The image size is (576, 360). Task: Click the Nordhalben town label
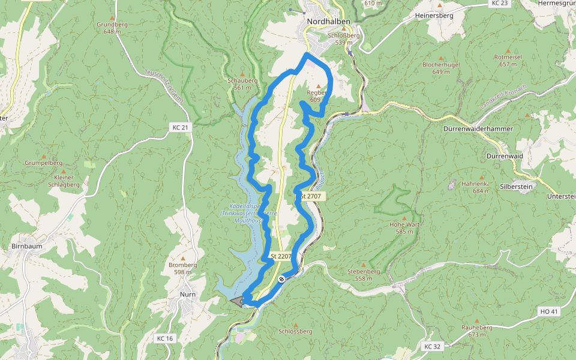pyautogui.click(x=328, y=21)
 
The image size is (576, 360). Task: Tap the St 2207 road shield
pyautogui.click(x=281, y=256)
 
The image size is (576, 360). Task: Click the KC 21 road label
pyautogui.click(x=180, y=127)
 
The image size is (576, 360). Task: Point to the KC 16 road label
pyautogui.click(x=164, y=339)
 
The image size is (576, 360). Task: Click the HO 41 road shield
pyautogui.click(x=549, y=311)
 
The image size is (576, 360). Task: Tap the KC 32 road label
pyautogui.click(x=432, y=347)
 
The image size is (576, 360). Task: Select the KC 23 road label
pyautogui.click(x=499, y=3)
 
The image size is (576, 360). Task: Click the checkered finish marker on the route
pyautogui.click(x=281, y=278)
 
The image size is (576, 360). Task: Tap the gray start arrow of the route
pyautogui.click(x=238, y=302)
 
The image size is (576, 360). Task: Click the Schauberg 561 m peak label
pyautogui.click(x=242, y=83)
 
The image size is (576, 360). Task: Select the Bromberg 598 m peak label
pyautogui.click(x=183, y=268)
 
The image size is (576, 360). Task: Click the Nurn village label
pyautogui.click(x=188, y=295)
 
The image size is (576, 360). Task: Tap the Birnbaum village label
pyautogui.click(x=26, y=246)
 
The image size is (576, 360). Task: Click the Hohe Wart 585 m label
pyautogui.click(x=405, y=227)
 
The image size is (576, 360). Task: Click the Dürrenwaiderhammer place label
pyautogui.click(x=478, y=129)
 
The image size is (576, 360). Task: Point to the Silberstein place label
pyautogui.click(x=517, y=187)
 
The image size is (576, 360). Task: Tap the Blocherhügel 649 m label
pyautogui.click(x=440, y=67)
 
